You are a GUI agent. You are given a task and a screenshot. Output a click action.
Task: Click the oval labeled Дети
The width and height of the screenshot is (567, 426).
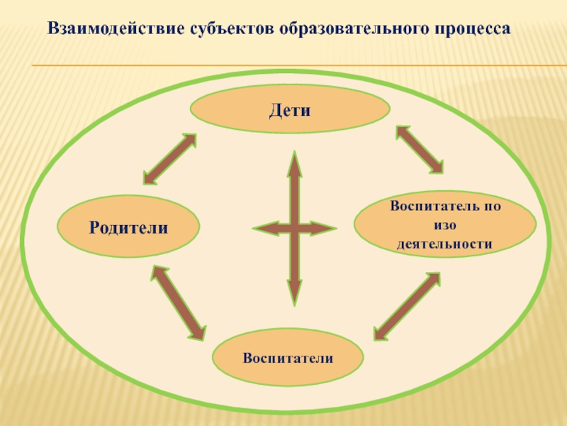(290, 110)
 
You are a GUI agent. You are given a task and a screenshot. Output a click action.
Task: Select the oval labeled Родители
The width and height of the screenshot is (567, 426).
(128, 227)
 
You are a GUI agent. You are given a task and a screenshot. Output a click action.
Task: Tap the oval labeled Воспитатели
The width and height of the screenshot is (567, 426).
(288, 357)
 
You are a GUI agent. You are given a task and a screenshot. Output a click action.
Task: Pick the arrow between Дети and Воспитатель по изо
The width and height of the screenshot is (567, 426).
(419, 149)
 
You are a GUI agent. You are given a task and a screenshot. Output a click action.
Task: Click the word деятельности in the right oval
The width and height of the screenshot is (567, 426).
(444, 244)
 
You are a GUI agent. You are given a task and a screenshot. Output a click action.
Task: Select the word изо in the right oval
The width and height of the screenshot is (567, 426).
(444, 226)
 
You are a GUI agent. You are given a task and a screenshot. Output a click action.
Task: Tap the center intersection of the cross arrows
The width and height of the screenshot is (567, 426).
(294, 229)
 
